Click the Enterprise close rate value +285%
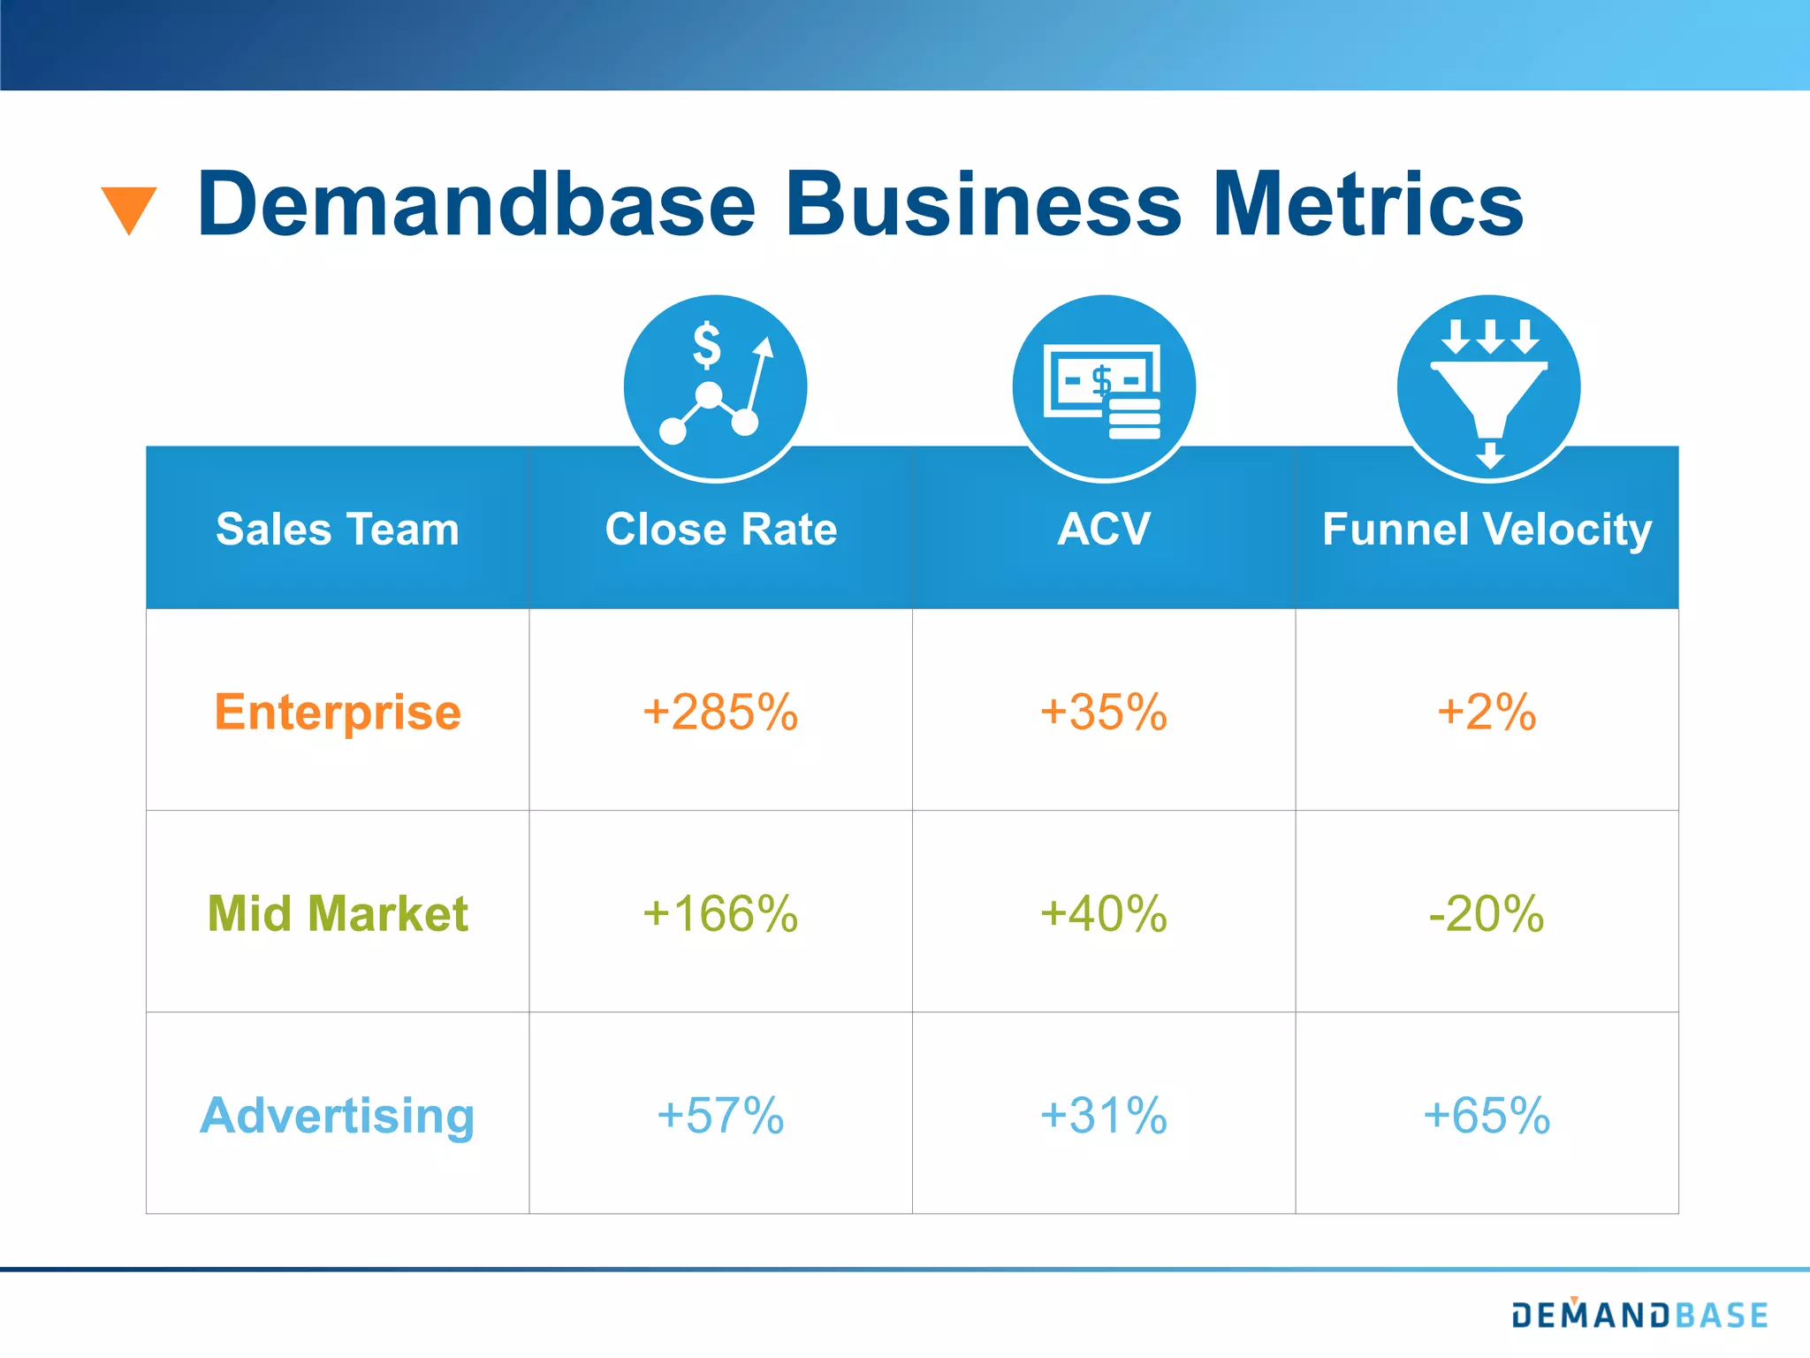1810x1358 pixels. [720, 712]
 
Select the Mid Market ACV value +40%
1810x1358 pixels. [1103, 913]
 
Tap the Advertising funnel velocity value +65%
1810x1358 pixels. [1487, 1115]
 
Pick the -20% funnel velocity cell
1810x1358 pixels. [1487, 913]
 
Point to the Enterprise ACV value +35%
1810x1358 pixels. [1103, 712]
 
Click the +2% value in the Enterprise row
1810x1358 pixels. [1487, 712]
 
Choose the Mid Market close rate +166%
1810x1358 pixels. [720, 913]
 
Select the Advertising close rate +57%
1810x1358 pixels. [720, 1115]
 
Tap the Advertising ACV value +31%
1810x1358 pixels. [1103, 1115]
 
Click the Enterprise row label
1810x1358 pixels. [338, 712]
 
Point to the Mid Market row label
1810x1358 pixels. [338, 913]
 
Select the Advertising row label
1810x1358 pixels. [338, 1115]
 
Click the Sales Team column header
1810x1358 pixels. [338, 529]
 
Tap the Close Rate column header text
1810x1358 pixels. [720, 529]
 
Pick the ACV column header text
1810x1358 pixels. [1103, 529]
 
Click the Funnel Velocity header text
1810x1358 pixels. [1487, 529]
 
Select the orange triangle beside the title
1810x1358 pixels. [129, 210]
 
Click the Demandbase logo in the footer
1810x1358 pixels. [1639, 1315]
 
